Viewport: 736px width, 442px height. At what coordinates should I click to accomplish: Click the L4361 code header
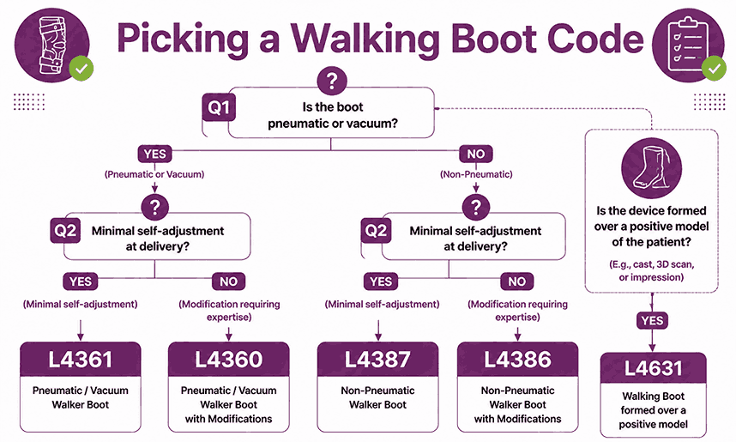(81, 360)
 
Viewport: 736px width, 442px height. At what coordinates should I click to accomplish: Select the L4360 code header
(228, 360)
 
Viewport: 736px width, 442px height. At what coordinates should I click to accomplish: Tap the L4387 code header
(377, 360)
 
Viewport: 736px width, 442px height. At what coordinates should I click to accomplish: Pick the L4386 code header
(518, 360)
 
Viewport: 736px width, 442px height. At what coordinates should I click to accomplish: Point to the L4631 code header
(653, 368)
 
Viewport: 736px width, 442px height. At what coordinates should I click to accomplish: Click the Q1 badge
(219, 107)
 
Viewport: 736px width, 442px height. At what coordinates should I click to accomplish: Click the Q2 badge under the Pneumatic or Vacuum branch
(65, 231)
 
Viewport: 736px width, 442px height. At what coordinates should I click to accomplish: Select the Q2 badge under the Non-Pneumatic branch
(376, 231)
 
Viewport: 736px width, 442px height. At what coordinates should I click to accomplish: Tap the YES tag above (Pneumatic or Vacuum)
(155, 154)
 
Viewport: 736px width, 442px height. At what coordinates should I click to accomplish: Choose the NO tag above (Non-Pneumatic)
(476, 154)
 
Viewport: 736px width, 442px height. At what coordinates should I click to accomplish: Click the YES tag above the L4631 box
(652, 320)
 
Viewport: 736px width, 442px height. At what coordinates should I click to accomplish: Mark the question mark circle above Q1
(332, 81)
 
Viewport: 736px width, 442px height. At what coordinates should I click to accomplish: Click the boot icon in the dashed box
(651, 168)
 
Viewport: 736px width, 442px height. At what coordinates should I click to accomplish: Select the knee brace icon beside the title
(51, 45)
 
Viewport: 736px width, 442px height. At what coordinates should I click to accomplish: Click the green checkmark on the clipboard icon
(714, 69)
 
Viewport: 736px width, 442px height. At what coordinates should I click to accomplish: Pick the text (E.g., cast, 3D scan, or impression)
(652, 270)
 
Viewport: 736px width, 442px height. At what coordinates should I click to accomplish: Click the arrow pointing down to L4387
(378, 330)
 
